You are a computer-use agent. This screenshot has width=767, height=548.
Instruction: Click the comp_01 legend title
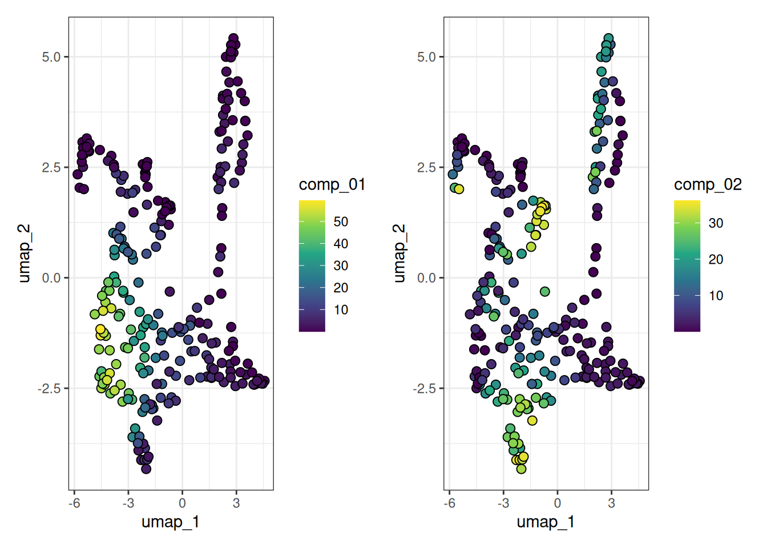click(x=332, y=185)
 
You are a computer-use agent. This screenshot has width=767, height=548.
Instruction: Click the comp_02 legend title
click(x=708, y=185)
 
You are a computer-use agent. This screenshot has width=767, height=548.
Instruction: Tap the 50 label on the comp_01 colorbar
click(x=341, y=221)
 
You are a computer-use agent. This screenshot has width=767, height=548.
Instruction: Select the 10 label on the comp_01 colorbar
click(x=341, y=309)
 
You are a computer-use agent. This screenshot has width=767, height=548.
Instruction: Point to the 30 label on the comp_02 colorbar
click(x=716, y=223)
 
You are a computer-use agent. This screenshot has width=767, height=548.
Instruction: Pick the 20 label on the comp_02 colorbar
click(x=716, y=259)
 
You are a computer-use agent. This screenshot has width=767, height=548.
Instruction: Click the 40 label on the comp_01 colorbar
click(x=341, y=244)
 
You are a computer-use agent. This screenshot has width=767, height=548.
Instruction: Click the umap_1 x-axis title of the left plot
click(x=171, y=522)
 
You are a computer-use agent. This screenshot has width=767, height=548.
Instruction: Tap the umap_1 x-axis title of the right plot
click(x=546, y=522)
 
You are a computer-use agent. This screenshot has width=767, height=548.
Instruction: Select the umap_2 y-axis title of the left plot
click(x=25, y=253)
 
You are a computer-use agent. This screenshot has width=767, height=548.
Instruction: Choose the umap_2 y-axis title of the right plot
click(x=399, y=253)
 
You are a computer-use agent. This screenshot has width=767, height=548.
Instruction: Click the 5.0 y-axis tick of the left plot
click(x=51, y=57)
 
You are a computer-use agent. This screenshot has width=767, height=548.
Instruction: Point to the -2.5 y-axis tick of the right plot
click(x=424, y=388)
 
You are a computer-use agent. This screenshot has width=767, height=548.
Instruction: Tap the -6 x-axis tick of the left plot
click(x=74, y=503)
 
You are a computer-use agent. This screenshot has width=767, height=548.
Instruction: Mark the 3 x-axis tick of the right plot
click(x=612, y=503)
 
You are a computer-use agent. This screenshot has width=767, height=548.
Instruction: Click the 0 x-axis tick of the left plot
click(x=182, y=503)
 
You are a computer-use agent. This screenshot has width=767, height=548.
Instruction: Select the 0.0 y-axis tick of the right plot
click(x=427, y=278)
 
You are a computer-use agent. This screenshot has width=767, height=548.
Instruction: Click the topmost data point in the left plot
click(x=233, y=38)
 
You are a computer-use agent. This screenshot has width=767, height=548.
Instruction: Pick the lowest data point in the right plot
click(x=521, y=469)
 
